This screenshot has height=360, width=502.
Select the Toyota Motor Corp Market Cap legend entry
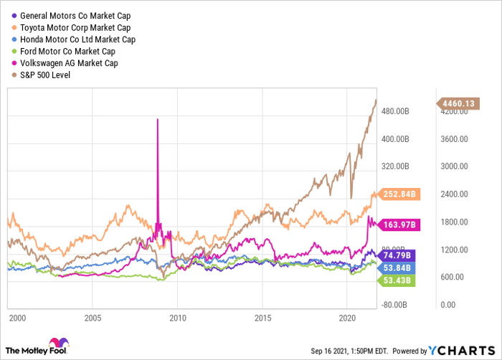[70, 27]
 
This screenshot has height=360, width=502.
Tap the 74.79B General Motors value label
[395, 255]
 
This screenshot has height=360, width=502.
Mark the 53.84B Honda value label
[395, 267]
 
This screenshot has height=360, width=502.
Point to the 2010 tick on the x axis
[178, 317]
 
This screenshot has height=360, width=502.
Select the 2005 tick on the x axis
[93, 317]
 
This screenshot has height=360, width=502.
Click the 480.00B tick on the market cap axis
[394, 112]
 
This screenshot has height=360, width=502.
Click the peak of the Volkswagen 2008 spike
[157, 119]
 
